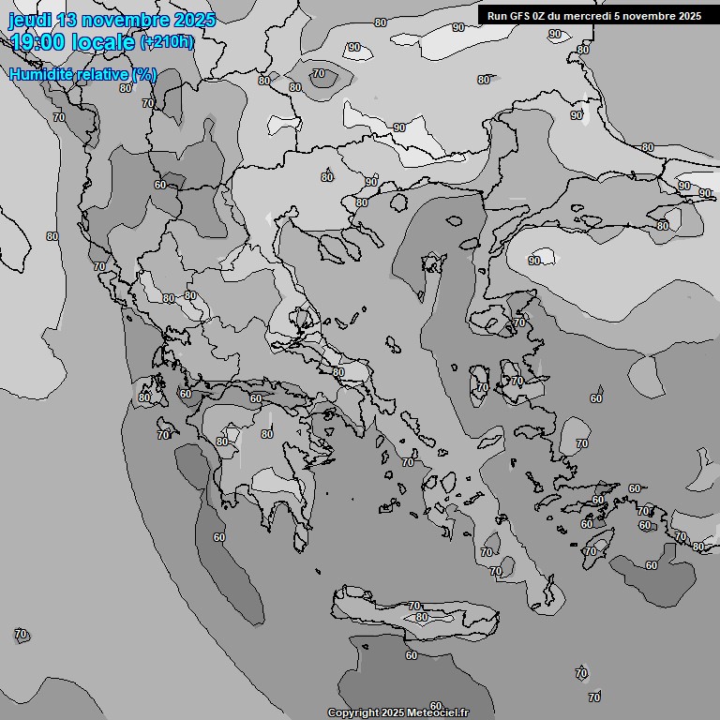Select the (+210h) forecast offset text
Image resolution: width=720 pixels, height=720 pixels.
[x=167, y=41]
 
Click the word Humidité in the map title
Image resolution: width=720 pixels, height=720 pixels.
[x=43, y=75]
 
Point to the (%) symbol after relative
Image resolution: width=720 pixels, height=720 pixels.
[x=144, y=75]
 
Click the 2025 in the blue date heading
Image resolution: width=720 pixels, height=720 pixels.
[x=192, y=20]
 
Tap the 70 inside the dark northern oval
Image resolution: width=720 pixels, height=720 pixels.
[x=319, y=73]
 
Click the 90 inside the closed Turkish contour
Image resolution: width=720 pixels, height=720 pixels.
[x=534, y=261]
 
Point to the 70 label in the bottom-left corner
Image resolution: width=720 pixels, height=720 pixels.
[x=22, y=635]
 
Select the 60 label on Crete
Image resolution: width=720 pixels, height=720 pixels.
[x=422, y=617]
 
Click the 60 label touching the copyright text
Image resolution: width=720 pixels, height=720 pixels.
[x=435, y=705]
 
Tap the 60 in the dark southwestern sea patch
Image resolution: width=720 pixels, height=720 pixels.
[x=218, y=537]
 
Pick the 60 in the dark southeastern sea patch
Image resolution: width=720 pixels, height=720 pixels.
[x=652, y=565]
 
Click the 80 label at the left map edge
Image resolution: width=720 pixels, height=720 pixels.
[x=52, y=236]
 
